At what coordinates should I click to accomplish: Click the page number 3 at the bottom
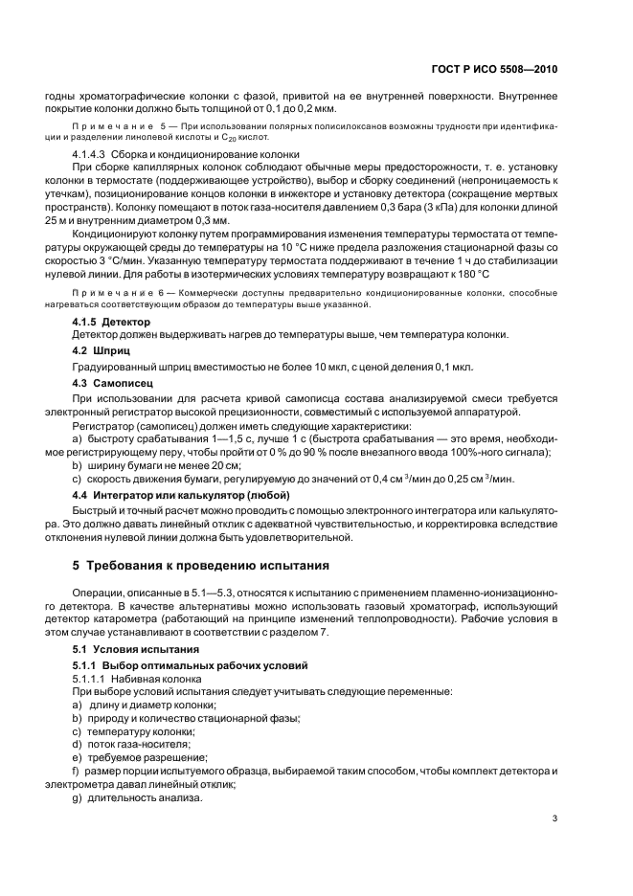pyautogui.click(x=555, y=818)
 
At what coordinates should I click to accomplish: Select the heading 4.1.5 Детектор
pyautogui.click(x=112, y=323)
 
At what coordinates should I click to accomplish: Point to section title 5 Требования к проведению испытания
pyautogui.click(x=200, y=564)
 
